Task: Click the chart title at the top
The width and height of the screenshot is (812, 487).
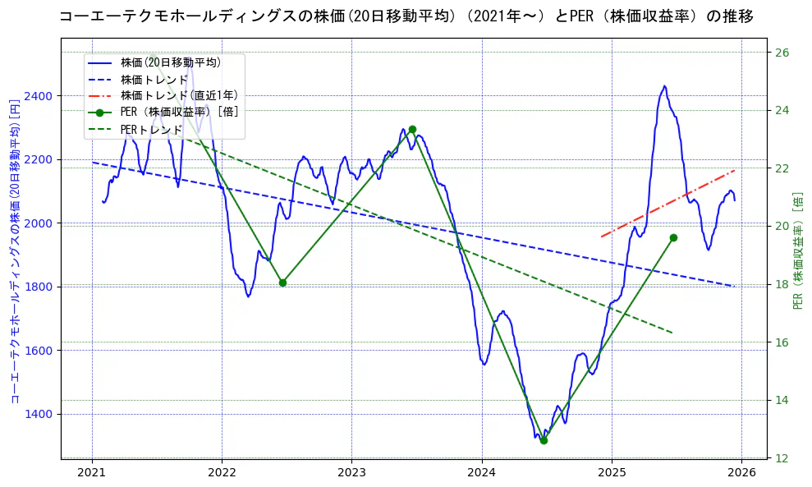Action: coord(406,16)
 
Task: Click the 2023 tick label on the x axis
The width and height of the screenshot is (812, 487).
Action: coord(351,472)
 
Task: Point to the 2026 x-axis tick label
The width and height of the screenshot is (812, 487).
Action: coord(741,472)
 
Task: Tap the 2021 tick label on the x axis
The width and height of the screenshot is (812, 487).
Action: coord(92,472)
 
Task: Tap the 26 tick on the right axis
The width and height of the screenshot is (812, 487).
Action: coord(782,53)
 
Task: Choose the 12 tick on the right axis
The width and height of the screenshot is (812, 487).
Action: coord(782,457)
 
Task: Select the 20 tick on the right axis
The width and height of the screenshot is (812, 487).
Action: coord(782,226)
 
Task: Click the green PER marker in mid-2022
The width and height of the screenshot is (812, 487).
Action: coord(282,283)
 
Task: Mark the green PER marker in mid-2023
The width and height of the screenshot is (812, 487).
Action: coord(412,129)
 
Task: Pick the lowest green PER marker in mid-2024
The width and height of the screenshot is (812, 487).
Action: coord(544,440)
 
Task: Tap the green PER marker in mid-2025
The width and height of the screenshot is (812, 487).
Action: coord(673,237)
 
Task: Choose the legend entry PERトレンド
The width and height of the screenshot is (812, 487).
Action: coord(151,130)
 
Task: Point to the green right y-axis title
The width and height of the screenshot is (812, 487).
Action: coord(798,250)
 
